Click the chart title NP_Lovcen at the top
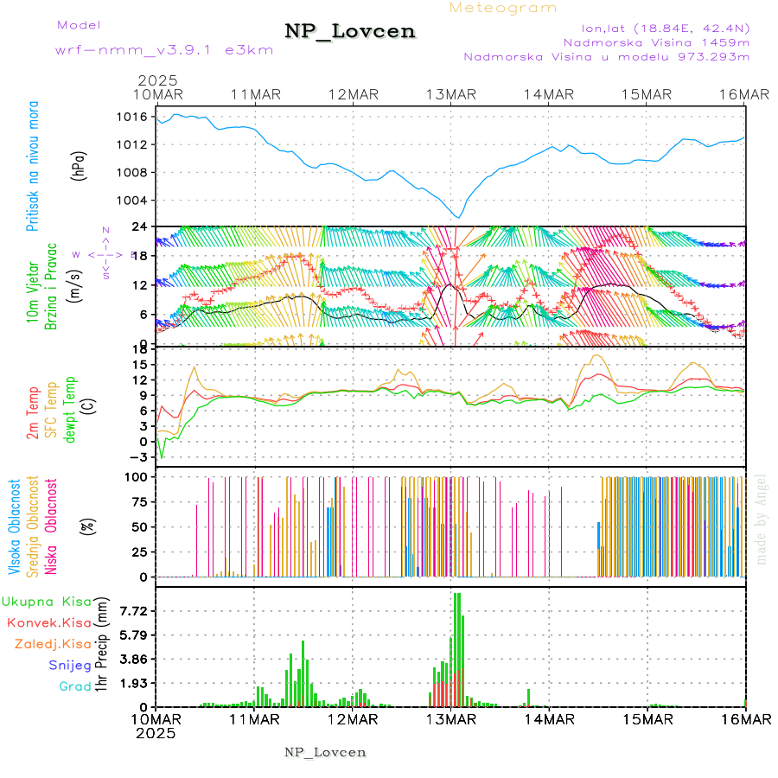click(350, 32)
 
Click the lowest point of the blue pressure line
click(459, 217)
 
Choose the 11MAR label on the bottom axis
click(252, 719)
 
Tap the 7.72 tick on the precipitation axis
click(135, 610)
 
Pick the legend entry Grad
click(74, 687)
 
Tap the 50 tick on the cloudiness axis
click(138, 526)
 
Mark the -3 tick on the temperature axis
click(138, 457)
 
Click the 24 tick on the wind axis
click(139, 227)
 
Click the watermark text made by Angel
click(761, 519)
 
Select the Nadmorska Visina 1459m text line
click(656, 41)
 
